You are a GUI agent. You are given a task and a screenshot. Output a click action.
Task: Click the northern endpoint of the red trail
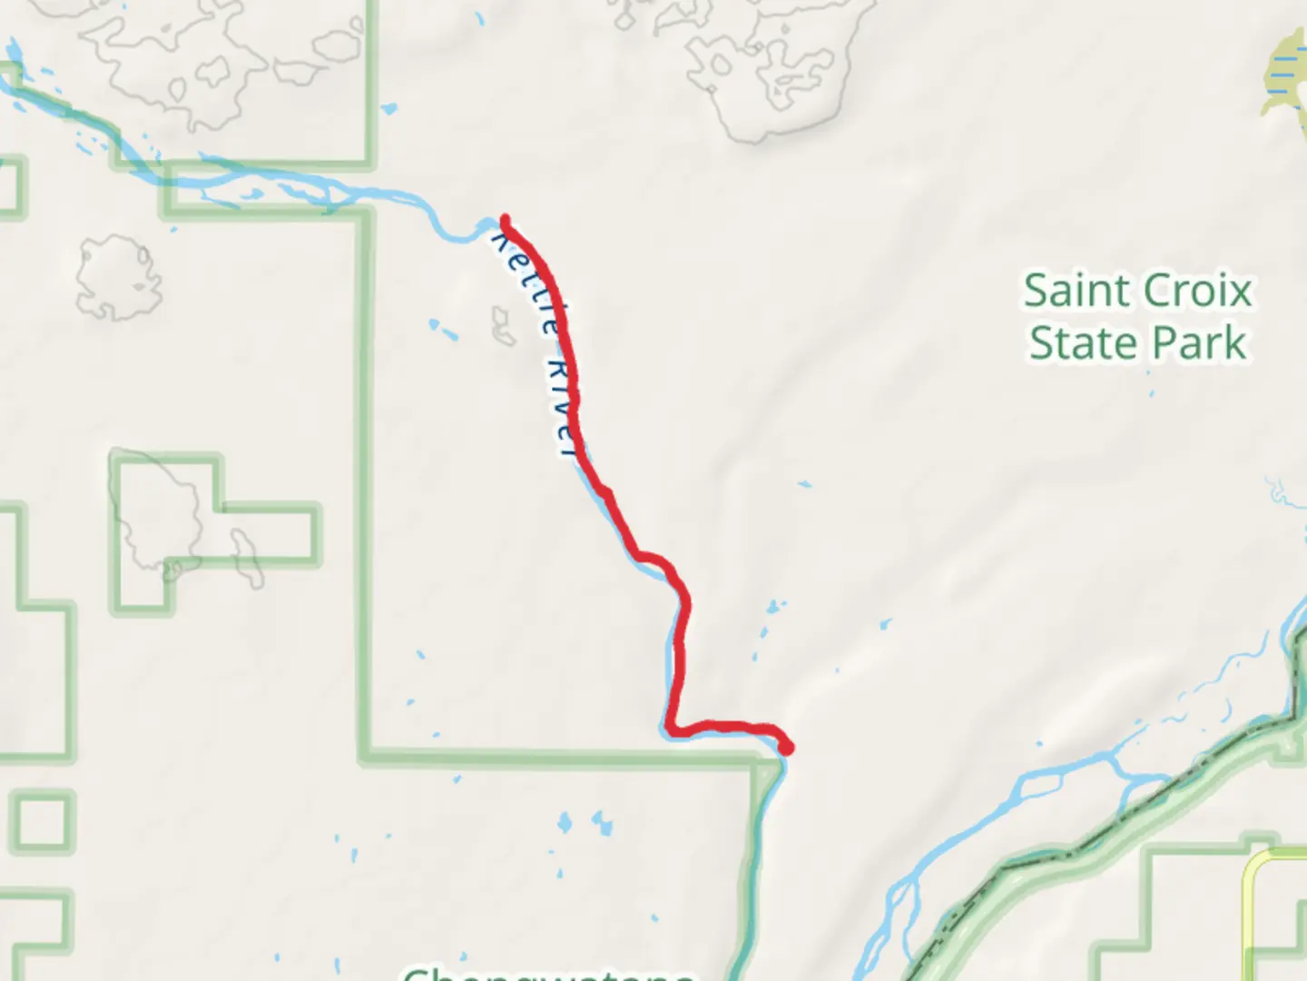coord(505,219)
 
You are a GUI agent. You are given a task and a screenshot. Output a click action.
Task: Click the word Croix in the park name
coord(1195,292)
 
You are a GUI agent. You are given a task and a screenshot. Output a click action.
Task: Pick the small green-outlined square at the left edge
coord(42,823)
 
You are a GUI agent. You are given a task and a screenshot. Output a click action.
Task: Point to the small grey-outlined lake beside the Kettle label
coord(502,326)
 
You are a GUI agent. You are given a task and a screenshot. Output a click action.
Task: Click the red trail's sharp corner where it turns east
coord(671,728)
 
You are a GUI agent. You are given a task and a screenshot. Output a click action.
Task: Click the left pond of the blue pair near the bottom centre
coord(565,824)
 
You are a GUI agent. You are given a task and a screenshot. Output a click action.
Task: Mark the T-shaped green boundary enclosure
coord(214,531)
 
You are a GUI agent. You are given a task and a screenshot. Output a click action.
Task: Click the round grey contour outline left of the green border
coord(119,277)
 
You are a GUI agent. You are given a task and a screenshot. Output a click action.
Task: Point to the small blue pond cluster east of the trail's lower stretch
coord(773,606)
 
